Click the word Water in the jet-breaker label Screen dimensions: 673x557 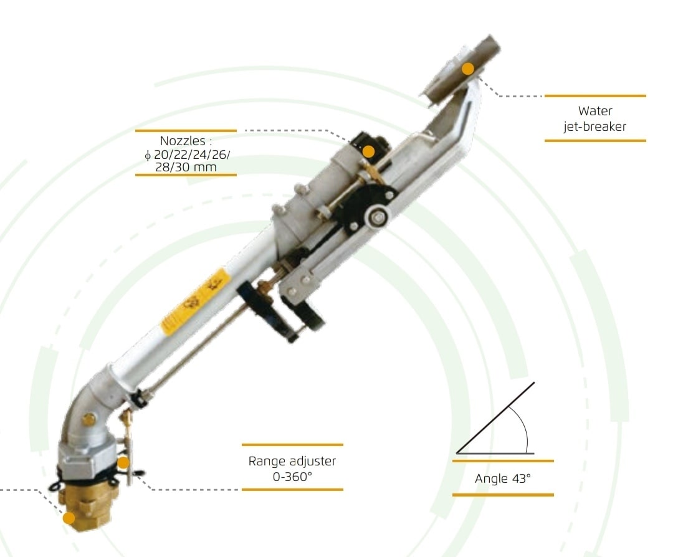pos(595,111)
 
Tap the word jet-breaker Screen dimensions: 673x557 pos(595,126)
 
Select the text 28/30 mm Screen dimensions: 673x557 pos(186,167)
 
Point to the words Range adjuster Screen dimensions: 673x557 pos(292,461)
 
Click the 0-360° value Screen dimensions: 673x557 pos(292,477)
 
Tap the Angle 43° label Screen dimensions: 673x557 pos(503,478)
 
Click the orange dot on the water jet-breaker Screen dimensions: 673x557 pos(468,69)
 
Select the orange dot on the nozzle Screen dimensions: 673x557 pos(368,151)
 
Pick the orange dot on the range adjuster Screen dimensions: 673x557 pos(123,462)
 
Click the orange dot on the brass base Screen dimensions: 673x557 pos(69,518)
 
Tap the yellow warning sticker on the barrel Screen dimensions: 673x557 pos(195,302)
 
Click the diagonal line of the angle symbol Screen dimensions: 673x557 pos(495,417)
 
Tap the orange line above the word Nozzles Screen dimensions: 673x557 pos(186,130)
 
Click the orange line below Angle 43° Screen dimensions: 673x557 pos(503,495)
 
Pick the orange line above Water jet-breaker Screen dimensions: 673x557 pos(595,96)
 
